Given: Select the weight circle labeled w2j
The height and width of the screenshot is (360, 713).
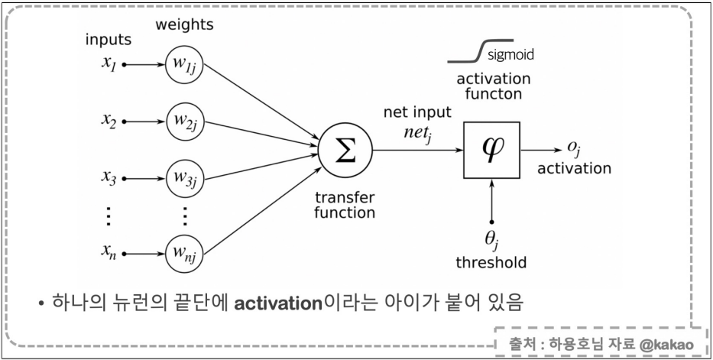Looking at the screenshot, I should coord(184,121).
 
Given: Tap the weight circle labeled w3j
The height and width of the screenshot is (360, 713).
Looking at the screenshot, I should coord(184,180).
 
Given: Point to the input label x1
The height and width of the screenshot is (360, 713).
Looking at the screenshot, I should coord(109,63).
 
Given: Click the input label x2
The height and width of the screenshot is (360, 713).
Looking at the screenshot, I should coord(109,121).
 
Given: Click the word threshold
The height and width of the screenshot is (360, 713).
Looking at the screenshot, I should coord(491,263).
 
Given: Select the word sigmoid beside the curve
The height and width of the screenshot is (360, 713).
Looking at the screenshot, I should coord(510,55).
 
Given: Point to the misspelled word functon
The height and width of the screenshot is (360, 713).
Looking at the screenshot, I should coord(493,95).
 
